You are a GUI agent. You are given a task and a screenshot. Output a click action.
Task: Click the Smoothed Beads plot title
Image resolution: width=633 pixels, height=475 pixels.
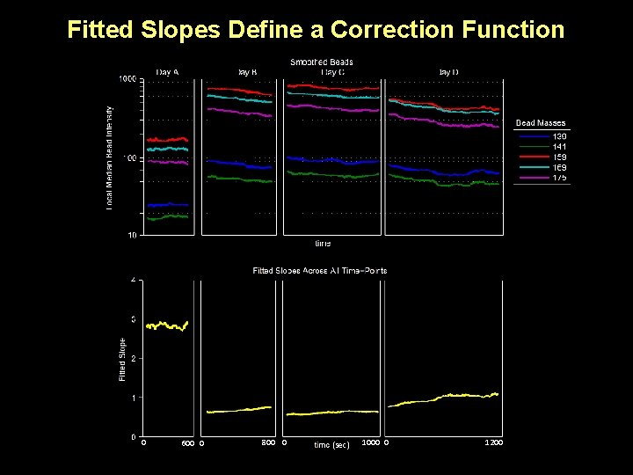322,62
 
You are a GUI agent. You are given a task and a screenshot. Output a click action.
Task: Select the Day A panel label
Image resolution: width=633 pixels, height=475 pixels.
168,71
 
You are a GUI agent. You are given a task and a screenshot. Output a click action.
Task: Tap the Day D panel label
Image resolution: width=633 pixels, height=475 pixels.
448,71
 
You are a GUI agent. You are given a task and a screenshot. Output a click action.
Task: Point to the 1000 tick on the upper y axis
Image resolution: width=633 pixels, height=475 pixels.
127,80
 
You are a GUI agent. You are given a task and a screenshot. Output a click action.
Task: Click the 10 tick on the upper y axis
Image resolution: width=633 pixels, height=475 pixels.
131,235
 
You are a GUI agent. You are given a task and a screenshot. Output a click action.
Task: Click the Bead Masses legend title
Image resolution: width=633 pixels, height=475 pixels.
541,123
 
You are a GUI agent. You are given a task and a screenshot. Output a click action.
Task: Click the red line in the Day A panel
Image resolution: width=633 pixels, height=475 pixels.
167,139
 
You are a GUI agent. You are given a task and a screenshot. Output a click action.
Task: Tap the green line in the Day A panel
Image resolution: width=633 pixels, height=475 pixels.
167,216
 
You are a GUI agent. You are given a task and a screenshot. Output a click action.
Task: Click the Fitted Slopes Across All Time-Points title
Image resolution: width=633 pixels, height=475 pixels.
320,270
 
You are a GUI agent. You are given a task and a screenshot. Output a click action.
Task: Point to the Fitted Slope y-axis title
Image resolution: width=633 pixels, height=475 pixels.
123,359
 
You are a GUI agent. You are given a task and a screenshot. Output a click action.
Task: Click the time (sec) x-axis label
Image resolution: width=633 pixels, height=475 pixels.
331,445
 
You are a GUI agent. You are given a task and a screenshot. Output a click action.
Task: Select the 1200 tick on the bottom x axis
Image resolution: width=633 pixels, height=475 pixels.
493,442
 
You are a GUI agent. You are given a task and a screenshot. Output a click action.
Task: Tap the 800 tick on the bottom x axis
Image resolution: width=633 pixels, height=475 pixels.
270,442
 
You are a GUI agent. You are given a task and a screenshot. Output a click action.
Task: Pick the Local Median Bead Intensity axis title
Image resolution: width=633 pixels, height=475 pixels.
109,158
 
